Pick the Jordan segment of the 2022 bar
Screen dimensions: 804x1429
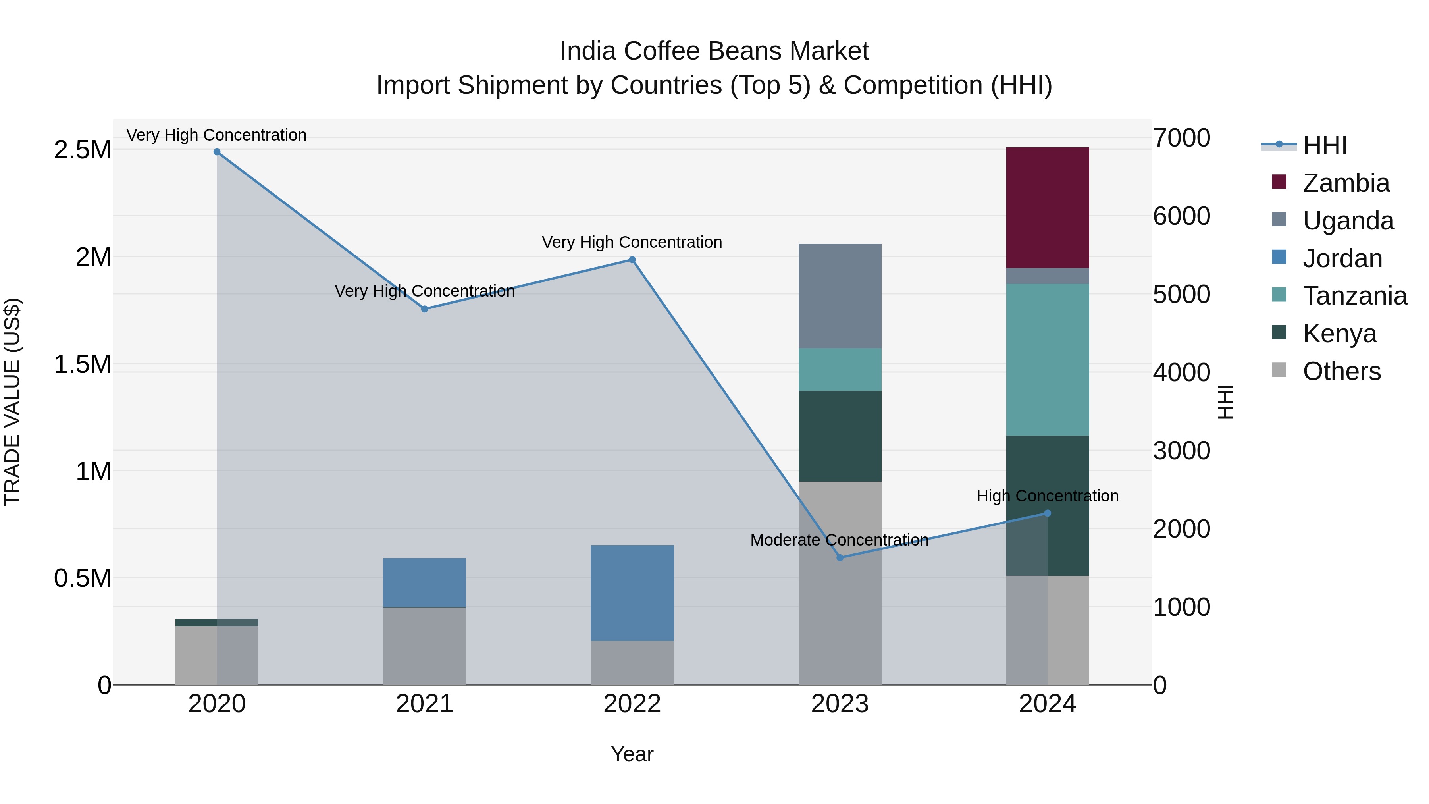(632, 593)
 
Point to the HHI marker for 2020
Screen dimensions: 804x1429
(217, 152)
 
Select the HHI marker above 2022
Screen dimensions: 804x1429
(632, 260)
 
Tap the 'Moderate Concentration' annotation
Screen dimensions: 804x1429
(839, 540)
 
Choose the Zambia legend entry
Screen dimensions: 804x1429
(1345, 183)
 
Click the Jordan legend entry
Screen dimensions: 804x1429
(1342, 258)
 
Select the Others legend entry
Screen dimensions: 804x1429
(1341, 371)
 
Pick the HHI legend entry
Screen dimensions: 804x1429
(1324, 145)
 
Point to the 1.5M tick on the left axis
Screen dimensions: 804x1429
(82, 364)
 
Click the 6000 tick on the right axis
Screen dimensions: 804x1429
(1181, 216)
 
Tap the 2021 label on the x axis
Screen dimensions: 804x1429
(424, 704)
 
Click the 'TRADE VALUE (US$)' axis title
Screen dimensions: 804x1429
(12, 402)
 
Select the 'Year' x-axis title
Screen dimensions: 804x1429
(632, 754)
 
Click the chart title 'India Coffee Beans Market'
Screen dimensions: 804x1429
(714, 51)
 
